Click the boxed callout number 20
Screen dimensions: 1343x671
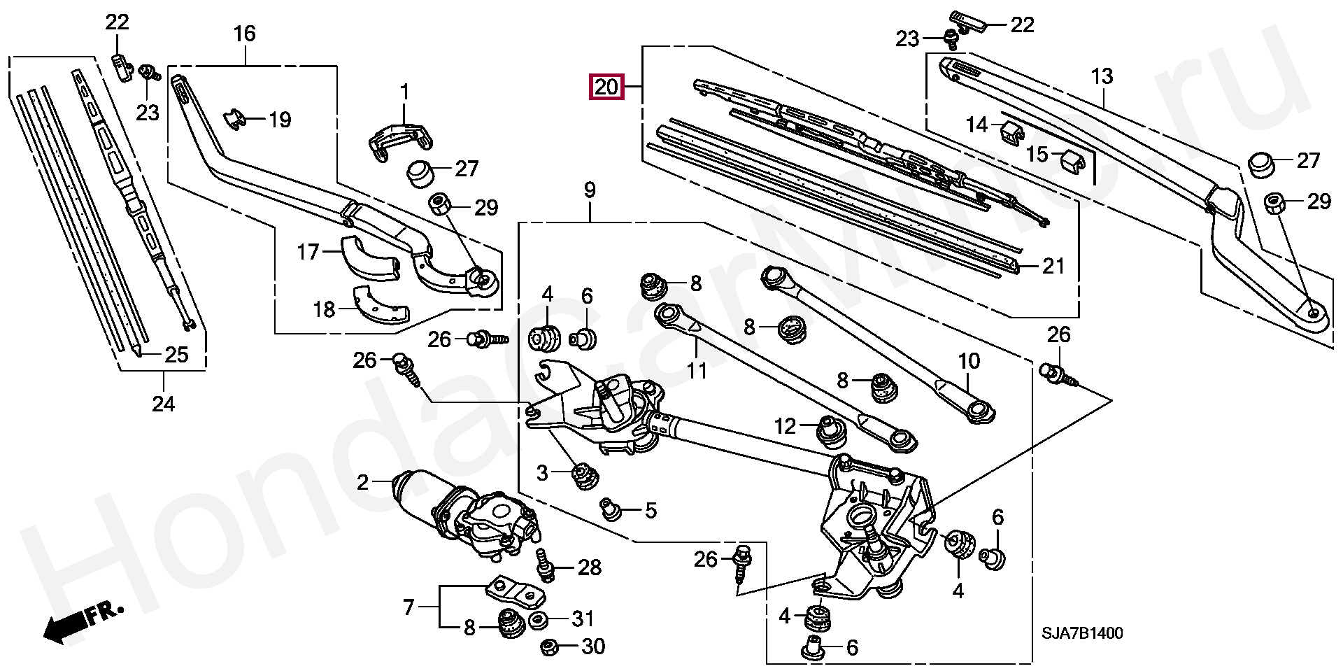pyautogui.click(x=606, y=87)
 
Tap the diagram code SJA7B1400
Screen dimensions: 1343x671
pyautogui.click(x=1082, y=633)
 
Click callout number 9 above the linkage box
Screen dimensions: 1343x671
pyautogui.click(x=590, y=190)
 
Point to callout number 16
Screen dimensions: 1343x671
pyautogui.click(x=245, y=34)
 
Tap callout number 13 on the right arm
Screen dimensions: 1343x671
pyautogui.click(x=1102, y=76)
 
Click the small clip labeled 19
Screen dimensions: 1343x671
pyautogui.click(x=236, y=119)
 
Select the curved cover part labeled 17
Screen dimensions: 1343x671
pyautogui.click(x=369, y=257)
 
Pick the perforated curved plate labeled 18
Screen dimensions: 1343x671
pyautogui.click(x=380, y=305)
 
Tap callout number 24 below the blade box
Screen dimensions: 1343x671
pyautogui.click(x=164, y=404)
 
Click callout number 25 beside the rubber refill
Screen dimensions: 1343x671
pyautogui.click(x=177, y=355)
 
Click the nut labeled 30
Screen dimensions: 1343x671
pyautogui.click(x=550, y=647)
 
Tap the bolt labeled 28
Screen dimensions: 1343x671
pyautogui.click(x=546, y=565)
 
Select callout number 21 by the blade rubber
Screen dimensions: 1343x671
pyautogui.click(x=1053, y=266)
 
